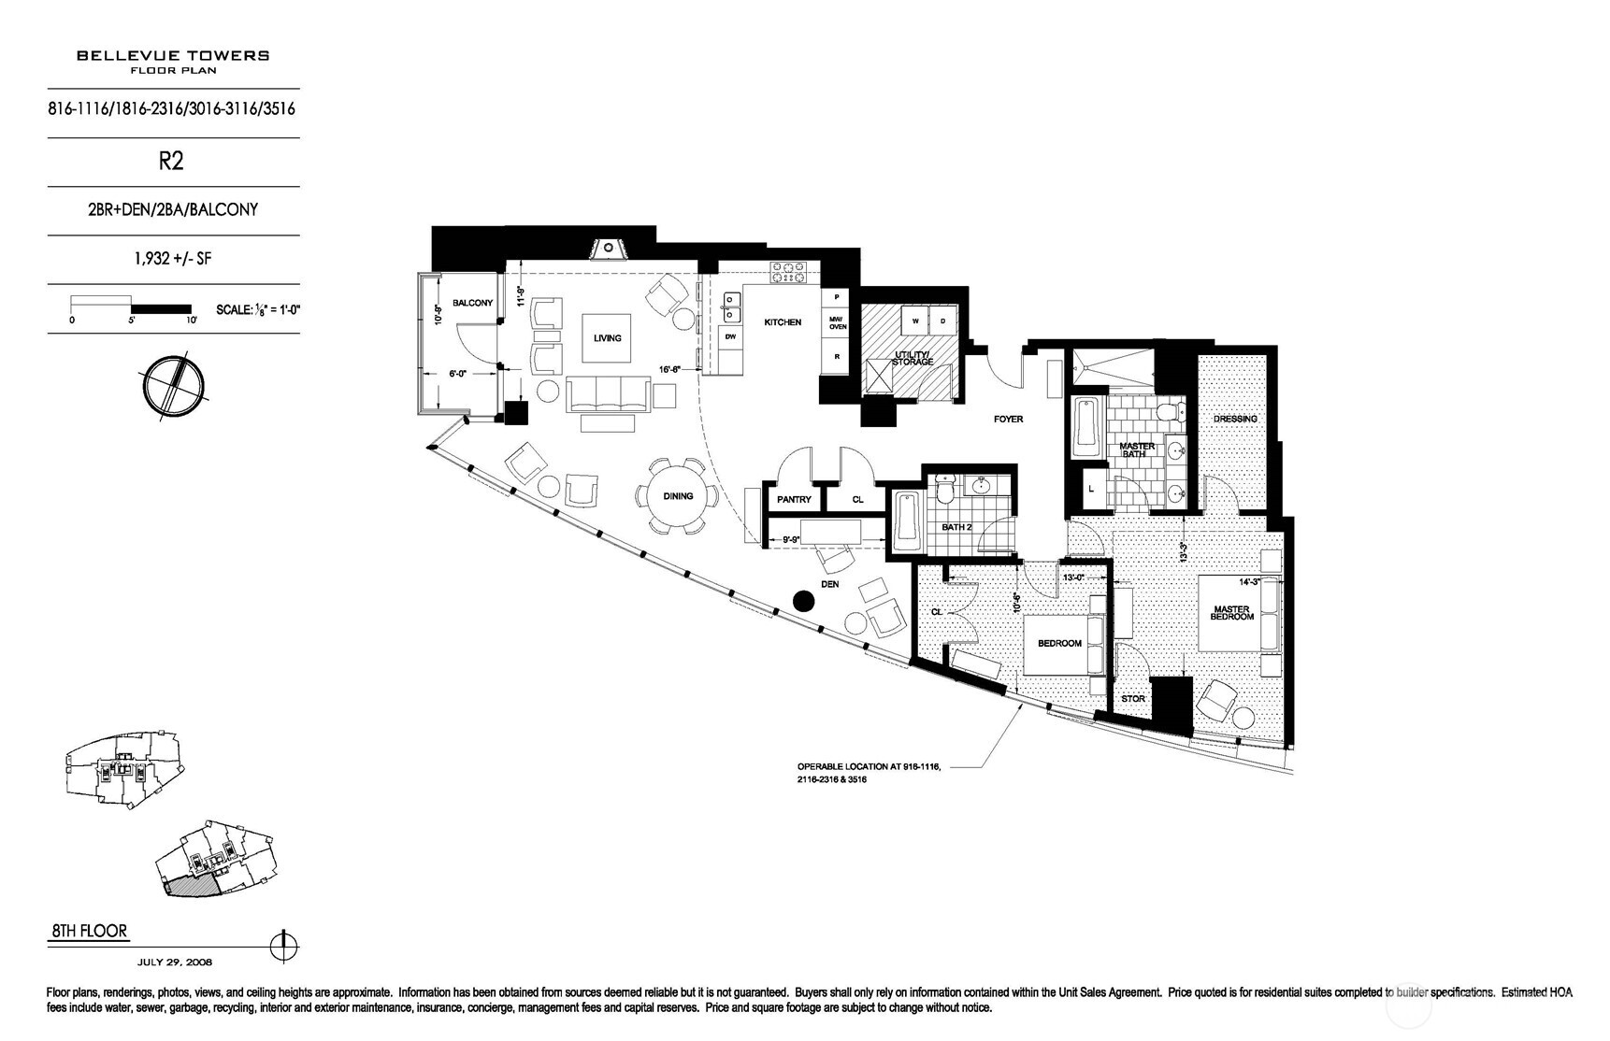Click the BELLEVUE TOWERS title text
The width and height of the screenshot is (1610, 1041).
173,55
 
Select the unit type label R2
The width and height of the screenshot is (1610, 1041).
171,161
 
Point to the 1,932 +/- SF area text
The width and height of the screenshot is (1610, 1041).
172,259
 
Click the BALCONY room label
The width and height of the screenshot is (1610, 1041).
472,303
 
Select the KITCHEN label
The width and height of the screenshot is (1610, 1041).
783,322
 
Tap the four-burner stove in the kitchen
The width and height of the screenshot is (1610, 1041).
788,273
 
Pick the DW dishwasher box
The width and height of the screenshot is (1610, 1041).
731,336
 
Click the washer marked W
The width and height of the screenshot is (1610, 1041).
915,320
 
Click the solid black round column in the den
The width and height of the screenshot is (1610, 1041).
802,601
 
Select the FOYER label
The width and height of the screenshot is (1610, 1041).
1008,420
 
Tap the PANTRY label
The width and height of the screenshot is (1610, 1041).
794,500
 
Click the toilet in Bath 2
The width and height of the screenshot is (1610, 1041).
945,487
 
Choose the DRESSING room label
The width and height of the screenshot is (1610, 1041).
1234,419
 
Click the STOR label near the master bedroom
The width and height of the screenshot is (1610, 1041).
1132,698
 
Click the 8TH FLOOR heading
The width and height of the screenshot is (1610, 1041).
88,932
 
